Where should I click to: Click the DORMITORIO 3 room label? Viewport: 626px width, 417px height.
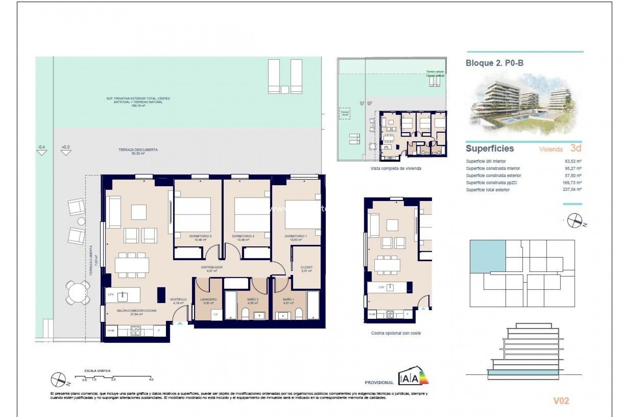point(200,236)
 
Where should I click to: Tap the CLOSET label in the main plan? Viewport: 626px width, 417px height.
point(306,267)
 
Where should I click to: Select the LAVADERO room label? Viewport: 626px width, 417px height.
point(208,299)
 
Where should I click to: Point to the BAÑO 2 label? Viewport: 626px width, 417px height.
point(253,299)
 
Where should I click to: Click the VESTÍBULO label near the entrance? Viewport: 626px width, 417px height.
point(178,299)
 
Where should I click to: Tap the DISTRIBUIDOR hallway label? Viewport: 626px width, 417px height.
point(212,267)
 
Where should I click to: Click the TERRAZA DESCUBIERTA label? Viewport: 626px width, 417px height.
point(138,150)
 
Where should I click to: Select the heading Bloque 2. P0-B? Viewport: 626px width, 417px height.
point(494,63)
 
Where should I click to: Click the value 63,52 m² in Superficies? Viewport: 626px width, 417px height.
point(573,161)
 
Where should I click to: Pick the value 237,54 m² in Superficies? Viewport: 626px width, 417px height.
point(572,189)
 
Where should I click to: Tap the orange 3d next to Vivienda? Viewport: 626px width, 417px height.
point(576,148)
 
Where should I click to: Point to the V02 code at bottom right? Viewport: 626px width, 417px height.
point(561,401)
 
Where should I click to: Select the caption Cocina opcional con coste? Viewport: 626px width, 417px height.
point(396,333)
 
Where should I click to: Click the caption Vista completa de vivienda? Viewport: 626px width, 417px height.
point(396,168)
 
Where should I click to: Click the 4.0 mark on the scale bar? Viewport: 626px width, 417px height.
point(151,380)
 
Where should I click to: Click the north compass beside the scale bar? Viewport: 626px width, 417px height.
point(59,380)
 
